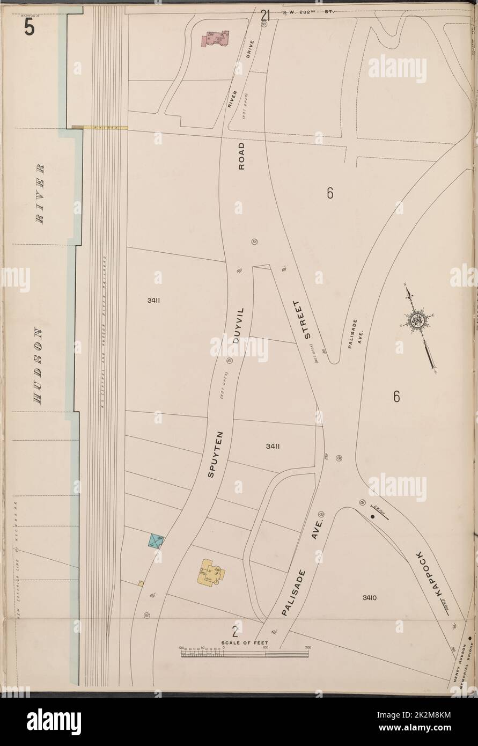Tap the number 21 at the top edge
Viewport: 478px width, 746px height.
click(264, 16)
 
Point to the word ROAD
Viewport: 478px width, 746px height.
click(242, 156)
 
